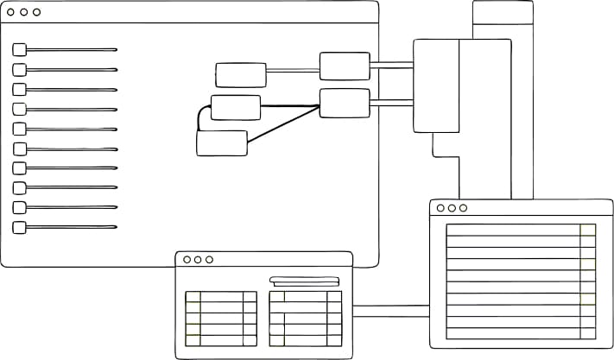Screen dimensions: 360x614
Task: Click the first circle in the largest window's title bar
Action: pos(12,13)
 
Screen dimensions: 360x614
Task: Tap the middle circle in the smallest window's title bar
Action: pos(198,260)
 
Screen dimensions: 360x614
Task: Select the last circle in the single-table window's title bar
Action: pos(463,208)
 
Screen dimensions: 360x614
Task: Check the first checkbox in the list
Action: pos(19,50)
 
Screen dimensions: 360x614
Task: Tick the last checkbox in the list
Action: pos(19,227)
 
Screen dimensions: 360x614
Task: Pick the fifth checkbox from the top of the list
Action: pos(19,129)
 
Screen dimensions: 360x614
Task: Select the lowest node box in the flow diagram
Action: pos(222,143)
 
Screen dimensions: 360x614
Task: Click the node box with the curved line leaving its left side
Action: pos(236,107)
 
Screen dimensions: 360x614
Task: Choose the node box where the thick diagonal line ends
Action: pos(345,103)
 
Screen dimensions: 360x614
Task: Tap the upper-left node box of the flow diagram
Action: pos(241,75)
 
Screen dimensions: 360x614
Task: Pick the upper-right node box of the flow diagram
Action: pos(345,66)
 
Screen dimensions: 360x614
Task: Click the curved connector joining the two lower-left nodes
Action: pos(201,117)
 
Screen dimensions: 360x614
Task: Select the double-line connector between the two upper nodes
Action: pos(293,69)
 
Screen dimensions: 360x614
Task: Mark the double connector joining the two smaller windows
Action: pos(391,311)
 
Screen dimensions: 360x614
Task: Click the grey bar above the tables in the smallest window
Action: pos(305,280)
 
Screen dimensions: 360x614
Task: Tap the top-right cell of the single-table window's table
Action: pos(588,230)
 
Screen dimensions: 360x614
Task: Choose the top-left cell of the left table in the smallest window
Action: pos(193,296)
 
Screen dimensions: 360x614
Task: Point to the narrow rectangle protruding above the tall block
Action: pos(503,19)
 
